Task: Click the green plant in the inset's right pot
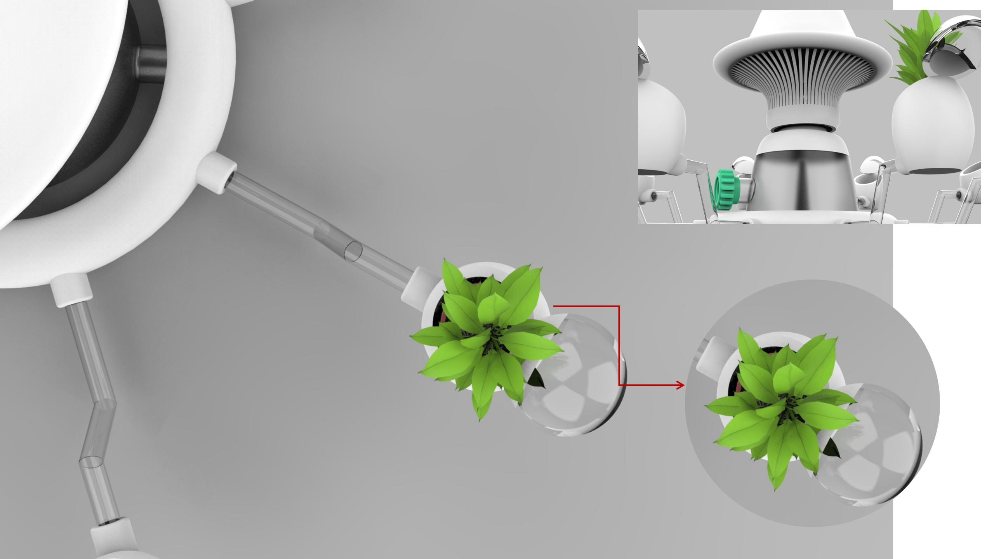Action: [920, 50]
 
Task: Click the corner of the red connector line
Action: [619, 306]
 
